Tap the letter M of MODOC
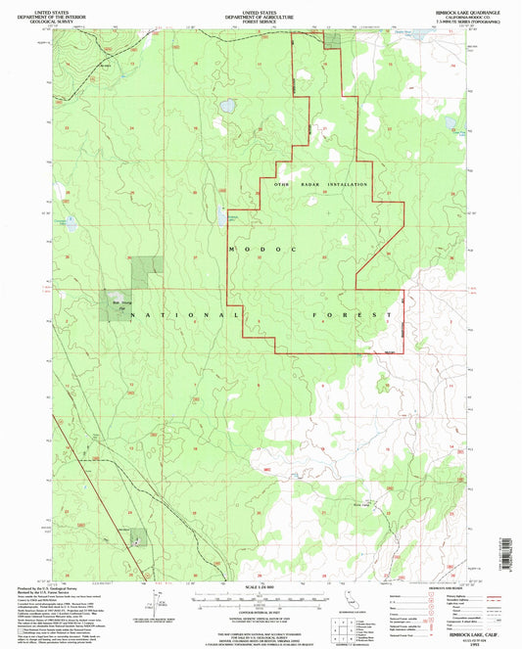[x=231, y=251]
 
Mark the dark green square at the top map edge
[x=333, y=39]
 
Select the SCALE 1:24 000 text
[x=259, y=586]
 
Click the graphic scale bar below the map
[x=259, y=595]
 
